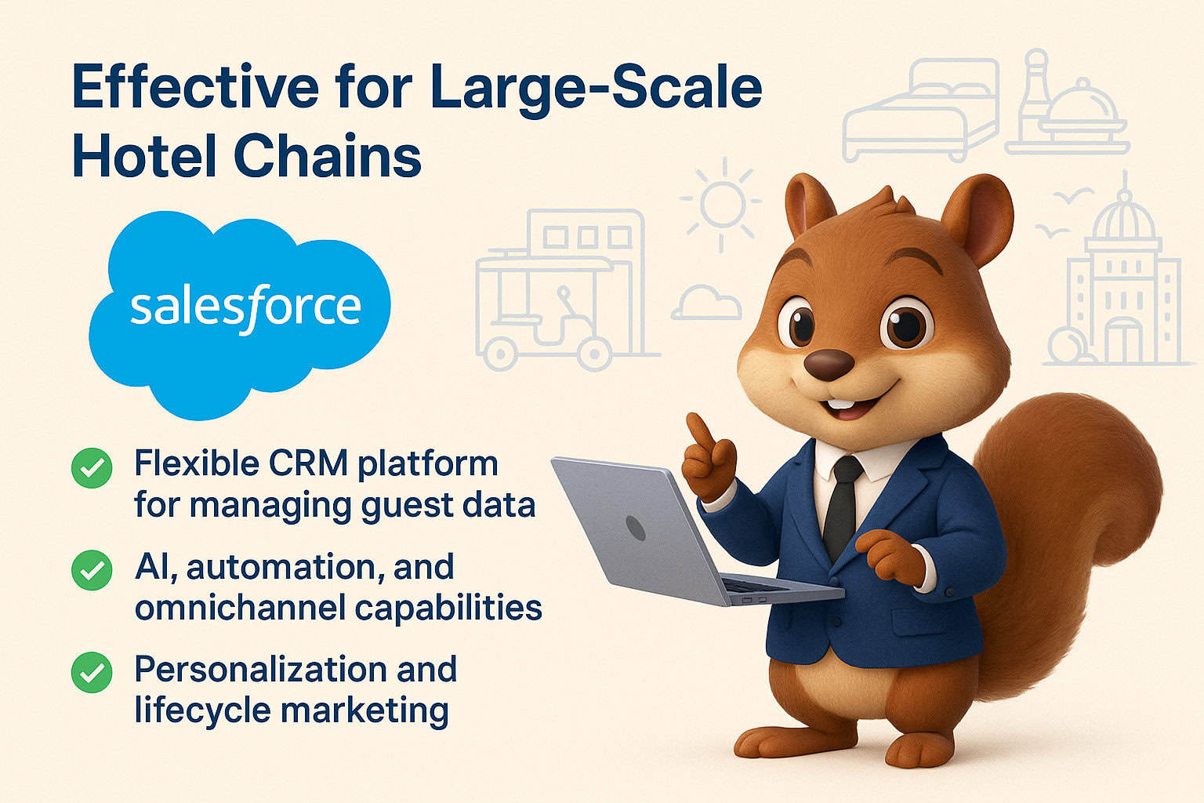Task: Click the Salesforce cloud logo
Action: (x=239, y=310)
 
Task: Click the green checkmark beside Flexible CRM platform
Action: (x=92, y=467)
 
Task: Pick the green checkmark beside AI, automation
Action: (x=92, y=570)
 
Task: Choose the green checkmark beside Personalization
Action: (x=92, y=672)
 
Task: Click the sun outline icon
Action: (x=721, y=202)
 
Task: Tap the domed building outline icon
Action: (x=1121, y=290)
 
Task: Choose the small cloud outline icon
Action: (x=706, y=303)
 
